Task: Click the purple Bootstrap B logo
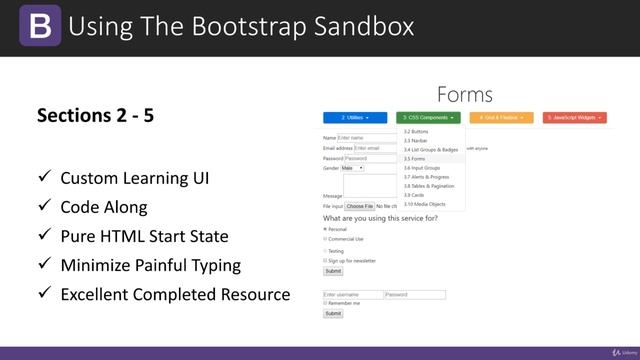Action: click(x=39, y=26)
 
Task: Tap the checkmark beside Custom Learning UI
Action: click(x=44, y=178)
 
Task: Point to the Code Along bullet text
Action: click(x=104, y=207)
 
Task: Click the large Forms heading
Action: click(x=464, y=95)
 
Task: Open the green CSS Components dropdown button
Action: click(x=428, y=117)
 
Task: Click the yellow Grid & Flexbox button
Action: click(x=501, y=117)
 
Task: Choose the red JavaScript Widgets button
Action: click(x=575, y=117)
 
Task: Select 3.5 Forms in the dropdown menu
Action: click(x=414, y=159)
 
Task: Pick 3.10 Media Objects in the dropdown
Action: click(x=424, y=204)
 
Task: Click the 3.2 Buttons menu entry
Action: click(x=416, y=131)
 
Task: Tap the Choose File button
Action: click(x=359, y=206)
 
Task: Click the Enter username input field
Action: click(x=353, y=295)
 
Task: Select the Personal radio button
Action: click(x=325, y=229)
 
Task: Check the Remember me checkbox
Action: click(x=325, y=302)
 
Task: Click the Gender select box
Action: click(x=353, y=168)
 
